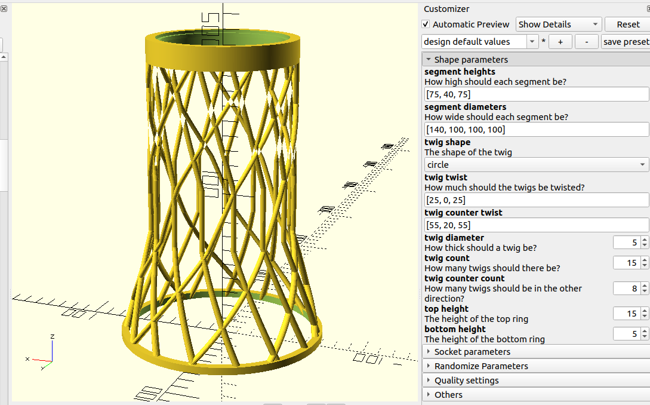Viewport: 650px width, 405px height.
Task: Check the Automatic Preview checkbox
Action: (426, 24)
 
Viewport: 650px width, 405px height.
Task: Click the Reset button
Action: (627, 24)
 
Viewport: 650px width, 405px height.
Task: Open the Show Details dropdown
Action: (558, 24)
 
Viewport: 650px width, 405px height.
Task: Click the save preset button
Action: (625, 42)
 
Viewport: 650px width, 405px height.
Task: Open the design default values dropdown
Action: (480, 42)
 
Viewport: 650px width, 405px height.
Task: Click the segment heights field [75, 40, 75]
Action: (536, 94)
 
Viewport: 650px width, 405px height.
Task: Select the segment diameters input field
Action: (536, 130)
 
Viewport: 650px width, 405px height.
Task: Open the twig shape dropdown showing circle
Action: (536, 165)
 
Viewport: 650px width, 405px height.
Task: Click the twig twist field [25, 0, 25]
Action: (536, 200)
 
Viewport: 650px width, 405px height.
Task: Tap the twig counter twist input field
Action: (536, 225)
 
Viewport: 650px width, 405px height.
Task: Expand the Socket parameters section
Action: (472, 352)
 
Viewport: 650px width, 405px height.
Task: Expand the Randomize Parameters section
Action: (480, 366)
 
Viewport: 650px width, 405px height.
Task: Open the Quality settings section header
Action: (466, 381)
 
